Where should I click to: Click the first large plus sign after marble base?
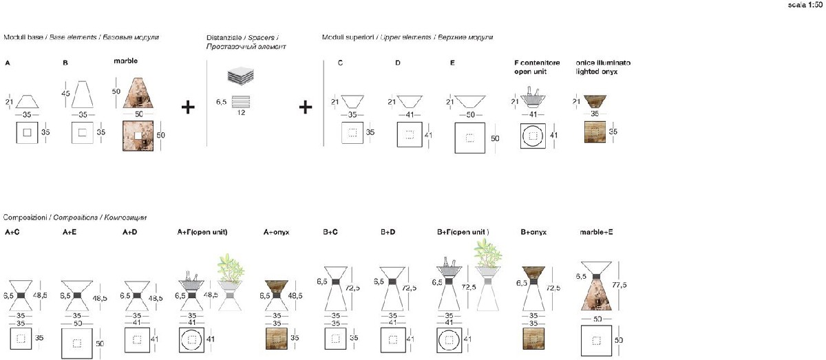[x=187, y=107]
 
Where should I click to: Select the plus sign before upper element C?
[x=306, y=107]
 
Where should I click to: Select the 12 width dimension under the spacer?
[x=240, y=112]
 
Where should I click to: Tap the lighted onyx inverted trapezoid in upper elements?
[x=596, y=101]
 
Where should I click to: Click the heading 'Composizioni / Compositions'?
[x=74, y=217]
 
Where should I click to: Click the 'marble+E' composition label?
[x=596, y=233]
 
